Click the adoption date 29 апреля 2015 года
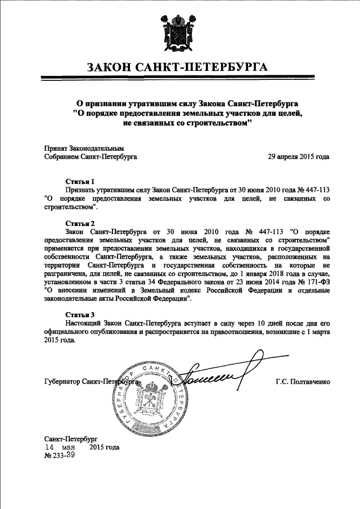(299, 157)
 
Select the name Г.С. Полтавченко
(303, 382)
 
